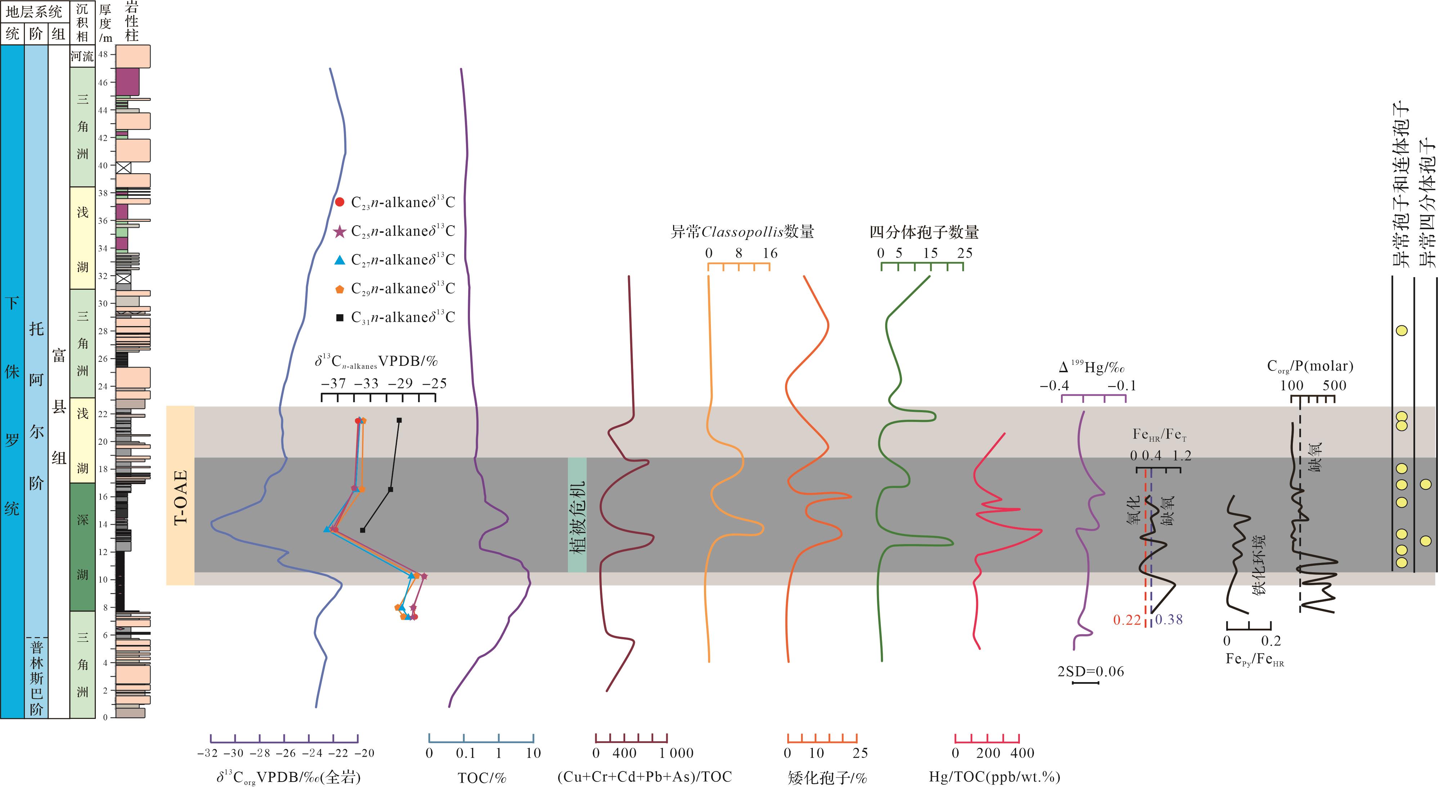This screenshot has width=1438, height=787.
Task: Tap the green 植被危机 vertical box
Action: pyautogui.click(x=577, y=515)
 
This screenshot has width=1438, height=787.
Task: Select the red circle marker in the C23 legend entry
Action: pyautogui.click(x=339, y=202)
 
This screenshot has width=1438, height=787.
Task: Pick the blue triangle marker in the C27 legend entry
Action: pyautogui.click(x=339, y=260)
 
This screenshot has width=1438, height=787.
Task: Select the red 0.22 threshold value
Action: pyautogui.click(x=1126, y=619)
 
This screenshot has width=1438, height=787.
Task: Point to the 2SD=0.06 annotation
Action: pyautogui.click(x=1090, y=671)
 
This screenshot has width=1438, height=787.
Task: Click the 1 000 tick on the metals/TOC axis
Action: pyautogui.click(x=676, y=753)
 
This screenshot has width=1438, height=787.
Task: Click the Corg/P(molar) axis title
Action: pyautogui.click(x=1309, y=366)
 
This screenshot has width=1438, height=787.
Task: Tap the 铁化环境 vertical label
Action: pyautogui.click(x=1259, y=564)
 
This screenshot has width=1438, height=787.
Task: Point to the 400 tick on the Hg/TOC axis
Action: pyautogui.click(x=1022, y=753)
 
